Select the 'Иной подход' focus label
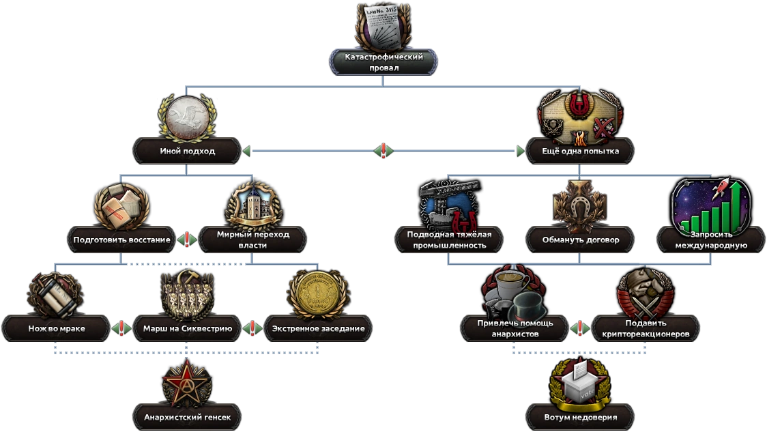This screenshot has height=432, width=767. point(187,151)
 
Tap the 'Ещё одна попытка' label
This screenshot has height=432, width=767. point(579,151)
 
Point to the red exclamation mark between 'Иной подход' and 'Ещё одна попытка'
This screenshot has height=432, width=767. point(383,151)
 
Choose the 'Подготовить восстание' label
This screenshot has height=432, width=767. point(121,240)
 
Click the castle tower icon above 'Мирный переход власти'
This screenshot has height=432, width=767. point(252,203)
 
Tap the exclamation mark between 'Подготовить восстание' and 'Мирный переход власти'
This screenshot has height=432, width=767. point(187,240)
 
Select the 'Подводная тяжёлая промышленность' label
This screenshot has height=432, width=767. point(449,240)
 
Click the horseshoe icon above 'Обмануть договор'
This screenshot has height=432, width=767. point(579,203)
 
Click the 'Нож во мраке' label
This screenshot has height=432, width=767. point(56,328)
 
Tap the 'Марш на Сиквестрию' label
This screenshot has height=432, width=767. point(187,328)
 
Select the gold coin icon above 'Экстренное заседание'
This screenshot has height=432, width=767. point(318,293)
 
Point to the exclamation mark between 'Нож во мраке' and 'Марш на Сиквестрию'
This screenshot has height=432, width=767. point(121,328)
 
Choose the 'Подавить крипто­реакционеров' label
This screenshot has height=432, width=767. point(645,328)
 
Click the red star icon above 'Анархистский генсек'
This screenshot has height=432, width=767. point(187,382)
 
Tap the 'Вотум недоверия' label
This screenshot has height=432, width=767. point(579,417)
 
